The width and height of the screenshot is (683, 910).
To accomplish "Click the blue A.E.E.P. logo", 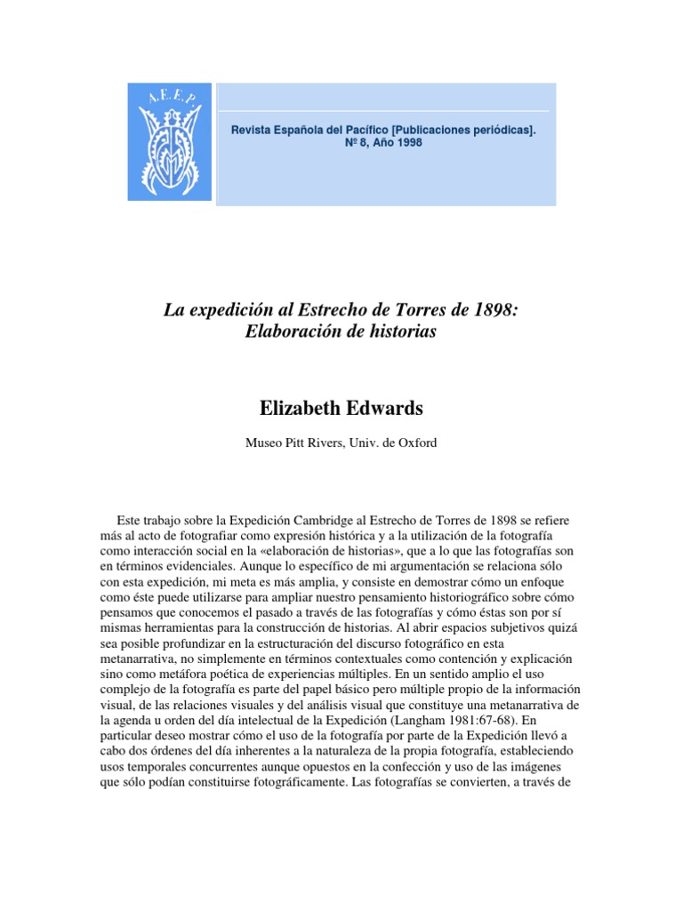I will [x=170, y=141].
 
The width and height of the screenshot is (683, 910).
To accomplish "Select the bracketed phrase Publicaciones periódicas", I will [x=470, y=130].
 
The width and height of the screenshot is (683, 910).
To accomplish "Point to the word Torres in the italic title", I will [x=412, y=311].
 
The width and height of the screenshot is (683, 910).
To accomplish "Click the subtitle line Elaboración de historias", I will [x=341, y=331].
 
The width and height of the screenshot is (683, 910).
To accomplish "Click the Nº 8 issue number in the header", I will [x=352, y=142].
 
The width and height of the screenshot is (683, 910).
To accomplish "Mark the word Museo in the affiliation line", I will [x=263, y=443].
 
